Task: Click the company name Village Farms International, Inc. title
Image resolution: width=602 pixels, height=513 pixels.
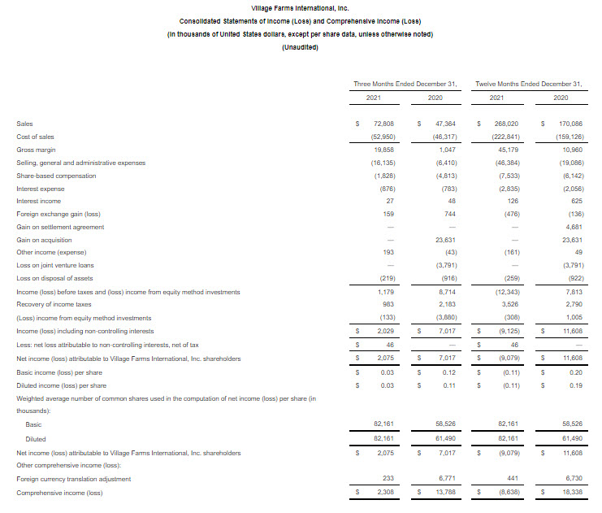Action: (x=300, y=8)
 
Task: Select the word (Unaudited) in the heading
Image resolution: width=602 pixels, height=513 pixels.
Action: (x=300, y=47)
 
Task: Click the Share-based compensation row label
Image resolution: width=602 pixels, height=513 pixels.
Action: (x=56, y=176)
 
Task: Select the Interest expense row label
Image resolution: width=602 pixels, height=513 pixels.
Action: (x=41, y=189)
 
